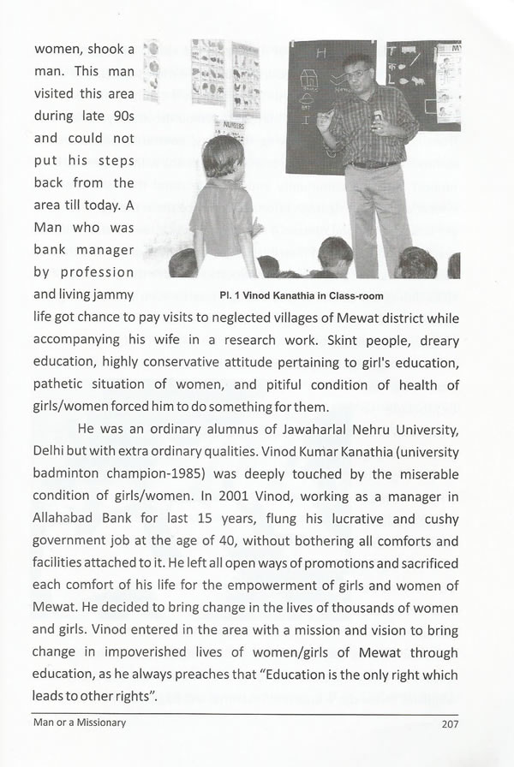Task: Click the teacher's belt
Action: click(374, 164)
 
